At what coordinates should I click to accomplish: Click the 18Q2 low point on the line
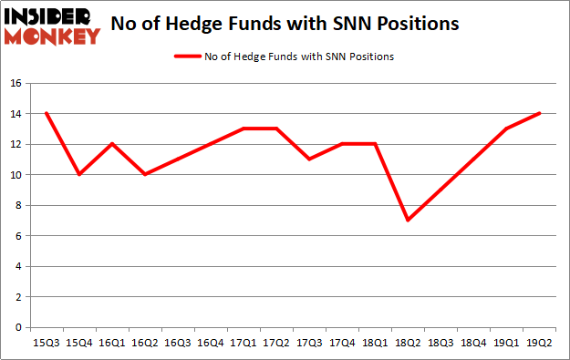(x=408, y=220)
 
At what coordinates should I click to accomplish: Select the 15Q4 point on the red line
(x=80, y=174)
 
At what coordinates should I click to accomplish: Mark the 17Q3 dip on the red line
(x=309, y=159)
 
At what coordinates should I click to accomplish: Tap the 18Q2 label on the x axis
(x=408, y=342)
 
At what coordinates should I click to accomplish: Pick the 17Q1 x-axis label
(x=244, y=342)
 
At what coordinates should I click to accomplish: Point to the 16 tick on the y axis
(x=16, y=83)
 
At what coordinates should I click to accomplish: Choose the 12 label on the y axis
(x=16, y=144)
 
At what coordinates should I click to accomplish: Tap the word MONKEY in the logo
(x=52, y=36)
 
